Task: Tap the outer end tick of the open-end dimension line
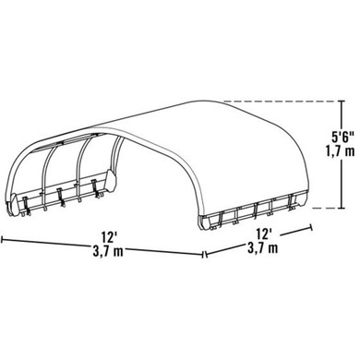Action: pyautogui.click(x=3, y=237)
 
